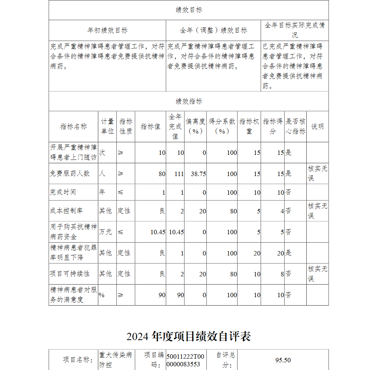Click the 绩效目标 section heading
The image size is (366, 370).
(x=188, y=10)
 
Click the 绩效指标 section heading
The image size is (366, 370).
(x=188, y=101)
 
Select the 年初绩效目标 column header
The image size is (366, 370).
(x=107, y=30)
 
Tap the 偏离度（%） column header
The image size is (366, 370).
(x=195, y=126)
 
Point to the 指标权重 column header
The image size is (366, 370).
(x=249, y=126)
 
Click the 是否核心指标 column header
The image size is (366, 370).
(x=295, y=126)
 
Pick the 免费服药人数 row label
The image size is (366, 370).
(x=70, y=173)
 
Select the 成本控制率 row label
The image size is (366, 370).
(x=66, y=211)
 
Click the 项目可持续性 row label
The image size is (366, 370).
(x=70, y=274)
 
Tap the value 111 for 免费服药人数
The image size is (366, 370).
(x=179, y=174)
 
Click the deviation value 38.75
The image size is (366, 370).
(x=198, y=174)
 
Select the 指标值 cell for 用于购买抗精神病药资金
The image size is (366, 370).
(x=158, y=232)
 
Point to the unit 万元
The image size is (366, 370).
(x=105, y=232)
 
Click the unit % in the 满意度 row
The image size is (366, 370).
(x=101, y=295)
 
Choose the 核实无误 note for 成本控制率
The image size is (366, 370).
(x=317, y=211)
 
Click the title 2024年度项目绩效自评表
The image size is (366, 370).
(x=188, y=336)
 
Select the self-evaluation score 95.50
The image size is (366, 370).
(x=283, y=360)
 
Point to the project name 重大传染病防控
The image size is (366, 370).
(x=116, y=360)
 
